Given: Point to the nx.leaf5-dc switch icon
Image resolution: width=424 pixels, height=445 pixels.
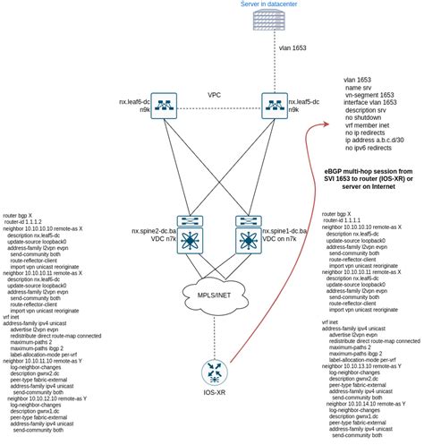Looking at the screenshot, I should click(x=273, y=107).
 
